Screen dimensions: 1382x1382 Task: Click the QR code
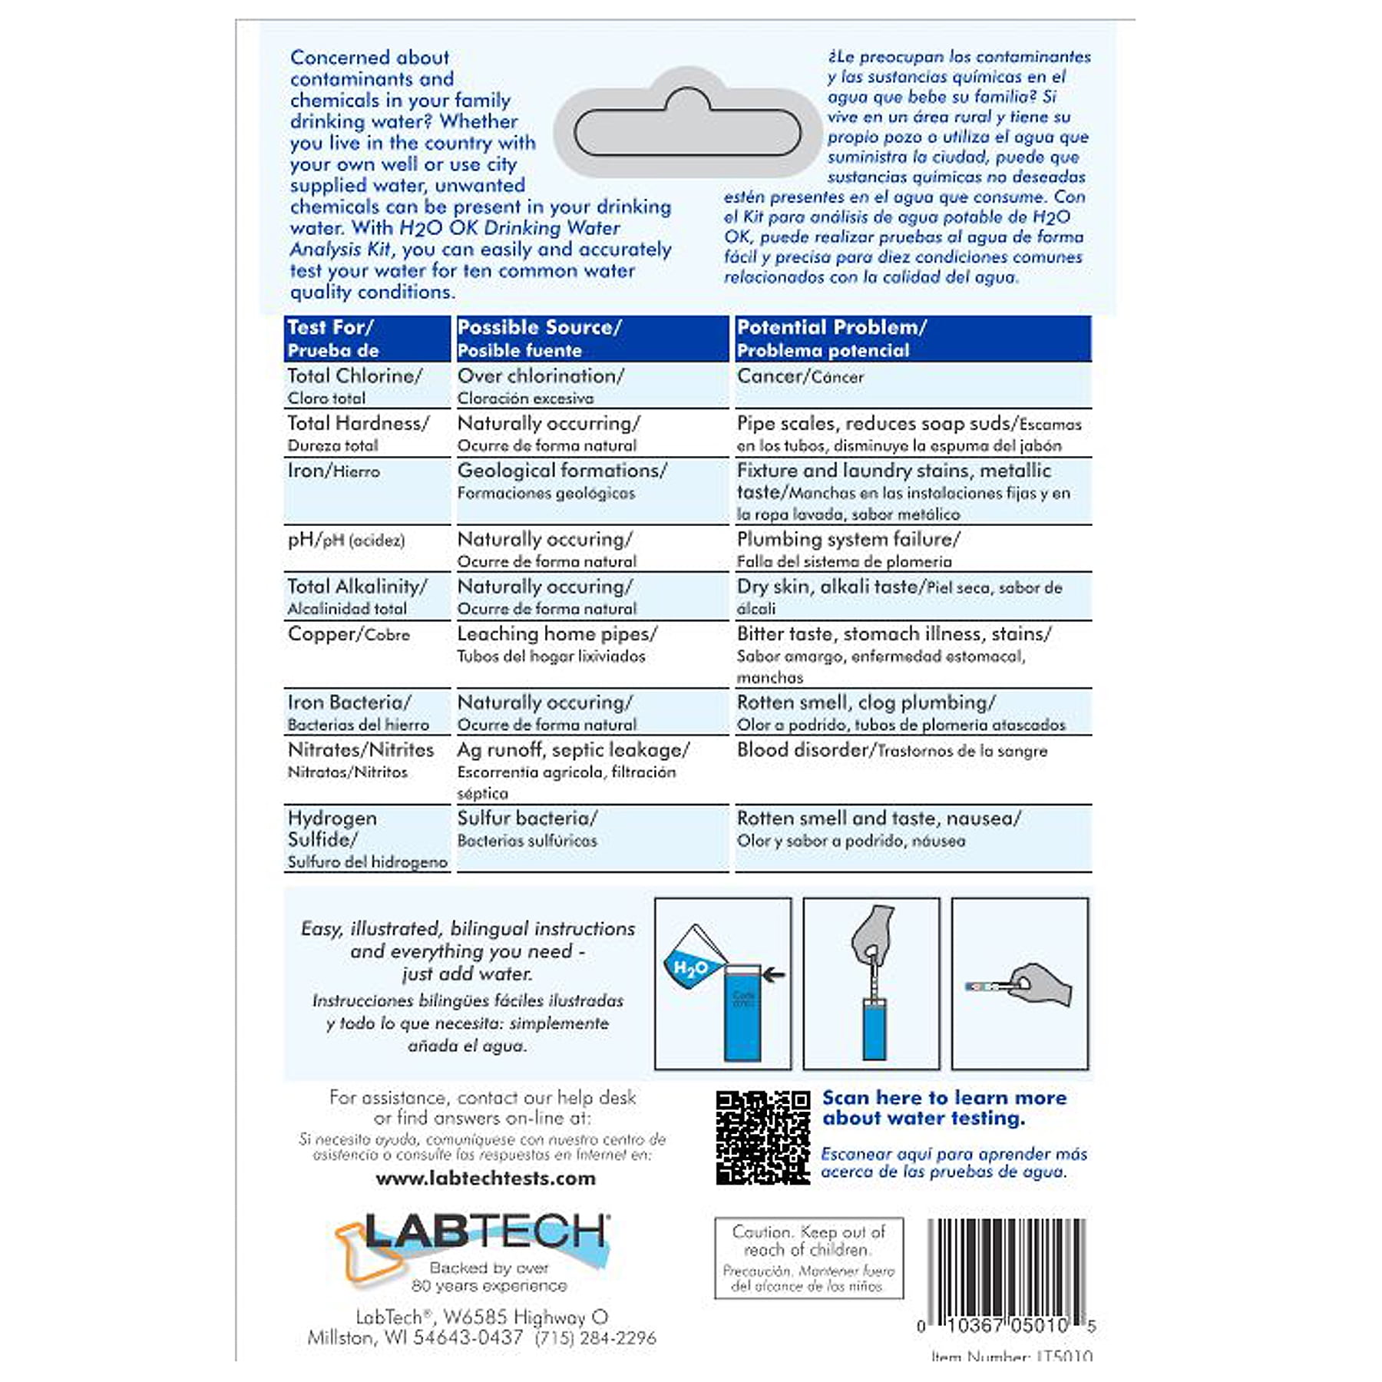(762, 1137)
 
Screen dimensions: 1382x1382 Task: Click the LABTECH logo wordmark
(486, 1232)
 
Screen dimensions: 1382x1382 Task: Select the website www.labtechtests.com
(485, 1178)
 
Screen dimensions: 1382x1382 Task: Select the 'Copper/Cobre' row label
(349, 634)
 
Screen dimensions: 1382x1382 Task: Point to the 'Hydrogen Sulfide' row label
(332, 828)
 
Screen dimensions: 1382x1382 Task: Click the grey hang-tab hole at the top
(687, 131)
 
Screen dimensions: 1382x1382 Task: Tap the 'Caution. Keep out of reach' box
(808, 1257)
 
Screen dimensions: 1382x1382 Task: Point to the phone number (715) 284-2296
(595, 1337)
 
